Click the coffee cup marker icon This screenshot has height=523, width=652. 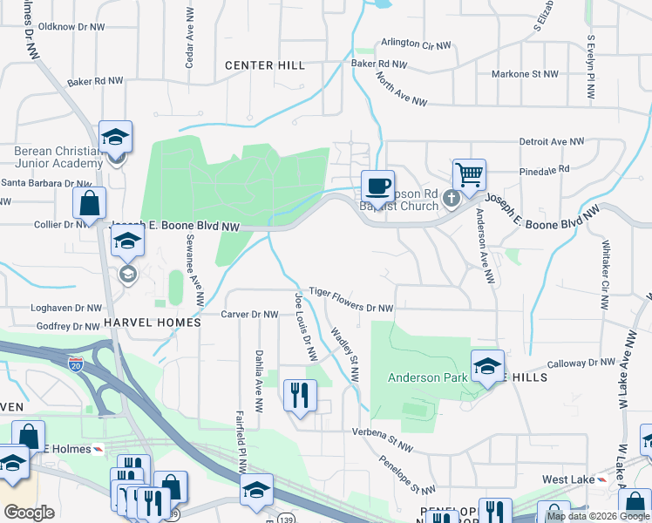pos(378,186)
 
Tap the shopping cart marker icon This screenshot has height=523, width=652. pos(469,175)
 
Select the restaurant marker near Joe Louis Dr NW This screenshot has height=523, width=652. pos(299,395)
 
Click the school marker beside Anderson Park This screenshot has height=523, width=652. pos(487,365)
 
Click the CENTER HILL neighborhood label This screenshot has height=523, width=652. pos(265,65)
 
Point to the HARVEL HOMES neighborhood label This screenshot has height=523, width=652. pos(152,322)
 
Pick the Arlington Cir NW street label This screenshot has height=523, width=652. pos(417,44)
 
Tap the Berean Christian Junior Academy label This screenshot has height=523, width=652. pos(58,157)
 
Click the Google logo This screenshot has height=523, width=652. pos(29,513)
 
